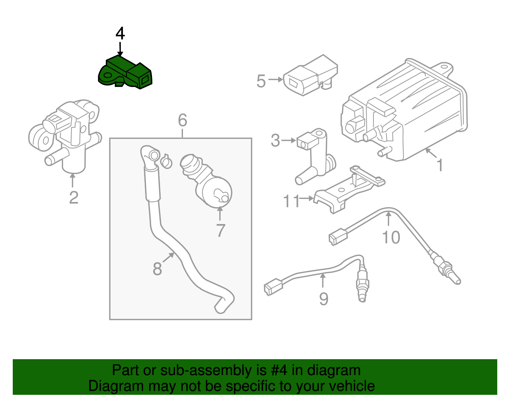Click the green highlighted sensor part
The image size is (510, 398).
pyautogui.click(x=125, y=73)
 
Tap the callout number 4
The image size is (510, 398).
pyautogui.click(x=120, y=34)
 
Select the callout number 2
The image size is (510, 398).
pyautogui.click(x=74, y=198)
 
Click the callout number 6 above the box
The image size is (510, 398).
pyautogui.click(x=182, y=120)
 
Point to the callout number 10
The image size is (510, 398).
pyautogui.click(x=391, y=237)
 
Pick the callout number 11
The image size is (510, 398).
pyautogui.click(x=292, y=201)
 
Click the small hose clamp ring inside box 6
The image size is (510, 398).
pyautogui.click(x=166, y=162)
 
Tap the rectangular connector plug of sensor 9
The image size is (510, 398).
pyautogui.click(x=273, y=286)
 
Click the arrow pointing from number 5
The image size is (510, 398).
pyautogui.click(x=275, y=79)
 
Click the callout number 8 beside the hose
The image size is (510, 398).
pyautogui.click(x=157, y=269)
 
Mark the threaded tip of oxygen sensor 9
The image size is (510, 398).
pyautogui.click(x=362, y=298)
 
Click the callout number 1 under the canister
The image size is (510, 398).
pyautogui.click(x=440, y=165)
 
